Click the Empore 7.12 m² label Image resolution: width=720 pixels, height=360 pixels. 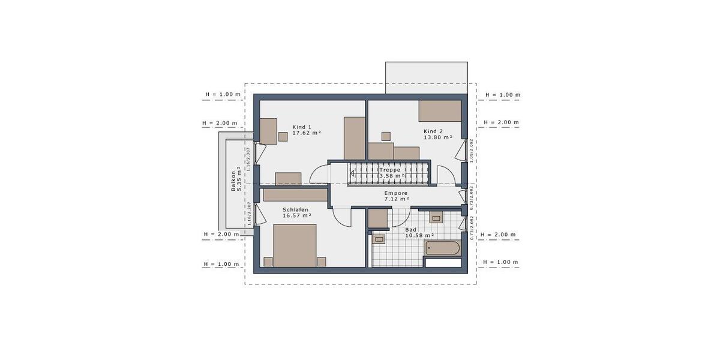397,196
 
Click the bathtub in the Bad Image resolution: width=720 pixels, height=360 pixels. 442,248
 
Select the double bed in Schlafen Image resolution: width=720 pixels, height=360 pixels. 295,245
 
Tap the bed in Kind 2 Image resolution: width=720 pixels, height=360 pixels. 440,111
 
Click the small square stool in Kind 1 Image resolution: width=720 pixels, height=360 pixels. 283,137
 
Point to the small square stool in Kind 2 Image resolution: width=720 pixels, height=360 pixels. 386,136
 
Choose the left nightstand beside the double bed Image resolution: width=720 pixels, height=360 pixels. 268,261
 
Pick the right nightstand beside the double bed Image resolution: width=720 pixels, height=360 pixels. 322,261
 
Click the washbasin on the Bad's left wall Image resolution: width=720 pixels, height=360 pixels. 379,240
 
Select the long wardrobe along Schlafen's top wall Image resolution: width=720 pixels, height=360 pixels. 295,195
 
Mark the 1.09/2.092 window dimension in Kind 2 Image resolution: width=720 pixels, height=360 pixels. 472,151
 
